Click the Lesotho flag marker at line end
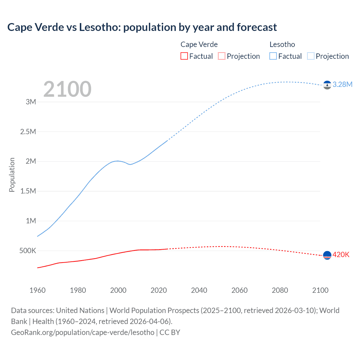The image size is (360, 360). pos(327,85)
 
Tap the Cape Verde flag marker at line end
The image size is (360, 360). pos(327,255)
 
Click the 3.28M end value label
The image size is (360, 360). pos(342,84)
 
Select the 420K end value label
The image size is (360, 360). pos(341,255)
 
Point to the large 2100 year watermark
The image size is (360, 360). pos(67,89)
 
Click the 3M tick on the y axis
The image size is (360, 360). pos(31,102)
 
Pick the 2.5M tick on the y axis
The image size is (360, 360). pos(28,132)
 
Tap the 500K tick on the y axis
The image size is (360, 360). pos(28,251)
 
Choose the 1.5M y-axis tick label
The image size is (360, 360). pos(28,191)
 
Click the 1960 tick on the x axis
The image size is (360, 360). pos(37,290)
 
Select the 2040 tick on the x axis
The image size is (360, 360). pos(199,290)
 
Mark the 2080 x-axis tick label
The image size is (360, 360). pos(280,290)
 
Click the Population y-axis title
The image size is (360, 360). pos(12,175)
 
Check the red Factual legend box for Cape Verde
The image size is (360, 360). pos(184,56)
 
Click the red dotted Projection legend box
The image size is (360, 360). pos(222,56)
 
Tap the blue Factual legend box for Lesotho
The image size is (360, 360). pos(273,56)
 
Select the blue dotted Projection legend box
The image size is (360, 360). pos(310,56)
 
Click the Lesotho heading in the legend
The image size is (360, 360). pos(282,44)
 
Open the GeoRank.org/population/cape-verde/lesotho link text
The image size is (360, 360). pos(83,332)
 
